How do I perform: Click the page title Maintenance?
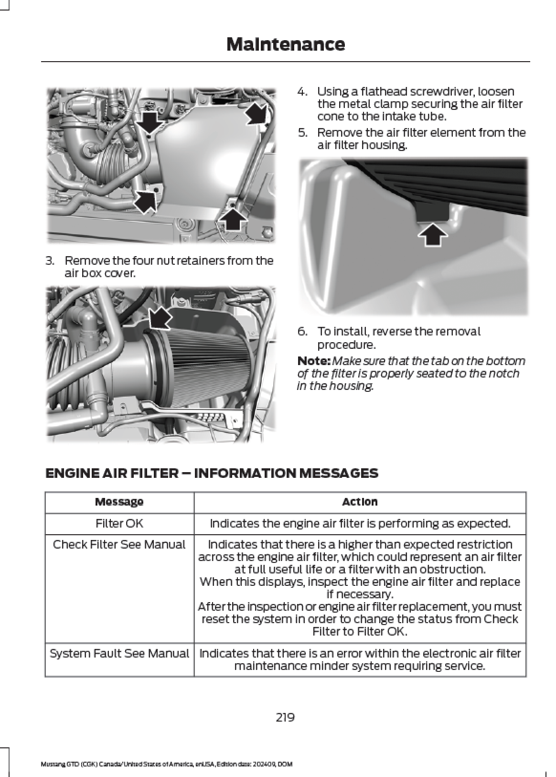point(285,44)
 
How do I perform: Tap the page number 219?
point(285,717)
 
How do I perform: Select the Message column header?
point(119,502)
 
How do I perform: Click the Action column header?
point(360,502)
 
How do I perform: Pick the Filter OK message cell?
point(119,523)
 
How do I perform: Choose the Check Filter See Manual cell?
point(119,545)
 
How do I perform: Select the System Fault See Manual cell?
point(119,653)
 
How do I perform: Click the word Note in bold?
point(313,361)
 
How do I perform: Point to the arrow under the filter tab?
point(433,234)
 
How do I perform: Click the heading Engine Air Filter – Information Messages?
point(212,474)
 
